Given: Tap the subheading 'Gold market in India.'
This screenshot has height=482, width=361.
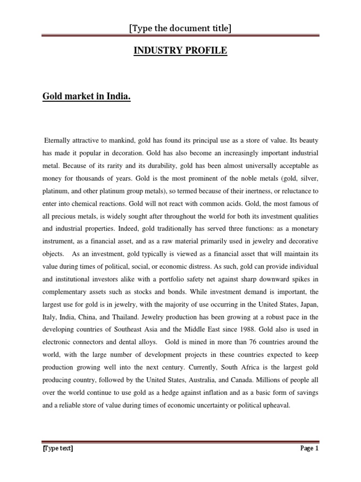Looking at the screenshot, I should click(86, 97).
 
